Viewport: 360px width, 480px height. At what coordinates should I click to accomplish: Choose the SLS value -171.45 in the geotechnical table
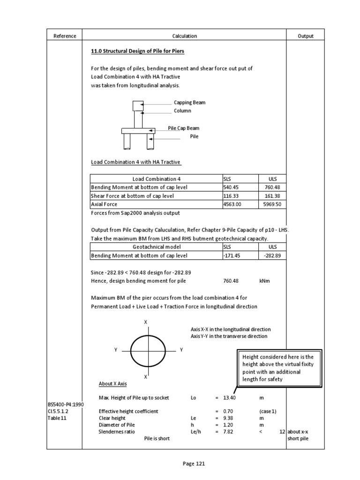[x=233, y=255]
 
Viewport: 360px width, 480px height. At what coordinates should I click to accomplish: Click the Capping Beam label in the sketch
[x=189, y=102]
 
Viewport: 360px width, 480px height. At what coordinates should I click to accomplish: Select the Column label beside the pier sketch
[x=182, y=111]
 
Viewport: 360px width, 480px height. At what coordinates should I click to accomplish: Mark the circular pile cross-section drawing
[x=148, y=350]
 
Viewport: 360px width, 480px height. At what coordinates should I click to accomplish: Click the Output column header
[x=306, y=36]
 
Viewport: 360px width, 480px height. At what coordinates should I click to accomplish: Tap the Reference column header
[x=65, y=36]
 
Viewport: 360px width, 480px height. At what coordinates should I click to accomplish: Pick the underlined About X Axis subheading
[x=112, y=384]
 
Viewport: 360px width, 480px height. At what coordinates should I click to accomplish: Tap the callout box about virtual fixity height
[x=279, y=368]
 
